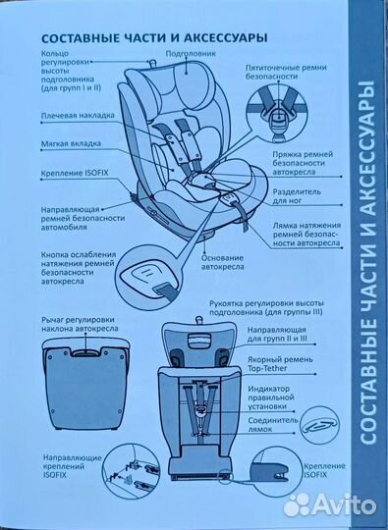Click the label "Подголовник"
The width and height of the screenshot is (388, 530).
(x=186, y=54)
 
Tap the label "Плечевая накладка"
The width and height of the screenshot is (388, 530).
(x=78, y=116)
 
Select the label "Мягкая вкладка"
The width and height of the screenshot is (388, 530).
(x=71, y=143)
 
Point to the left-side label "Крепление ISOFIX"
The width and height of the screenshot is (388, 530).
(x=75, y=173)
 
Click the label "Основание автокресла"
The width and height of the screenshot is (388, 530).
(x=223, y=262)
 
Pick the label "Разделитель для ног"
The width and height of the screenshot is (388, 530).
(x=297, y=196)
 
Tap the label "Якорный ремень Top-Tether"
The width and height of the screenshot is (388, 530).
(x=280, y=364)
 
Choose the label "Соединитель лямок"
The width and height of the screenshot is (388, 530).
(x=273, y=425)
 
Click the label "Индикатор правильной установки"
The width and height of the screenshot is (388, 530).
(x=271, y=397)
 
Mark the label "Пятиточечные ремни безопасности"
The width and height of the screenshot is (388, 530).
(x=286, y=72)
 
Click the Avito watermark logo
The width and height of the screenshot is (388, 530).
(x=330, y=505)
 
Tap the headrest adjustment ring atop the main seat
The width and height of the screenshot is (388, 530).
(x=151, y=63)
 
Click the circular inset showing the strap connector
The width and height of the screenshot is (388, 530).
(x=319, y=426)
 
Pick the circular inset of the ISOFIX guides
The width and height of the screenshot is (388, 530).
(x=131, y=471)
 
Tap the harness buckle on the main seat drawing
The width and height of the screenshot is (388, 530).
(x=203, y=182)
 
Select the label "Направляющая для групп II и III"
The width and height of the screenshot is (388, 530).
(x=277, y=334)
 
